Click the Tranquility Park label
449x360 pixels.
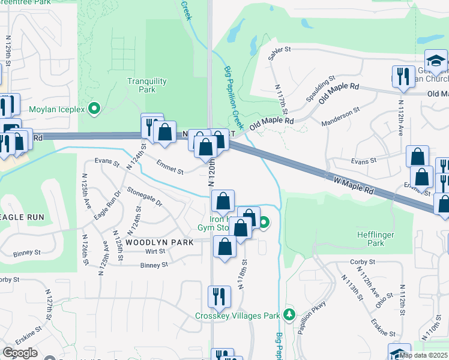coord(142,85)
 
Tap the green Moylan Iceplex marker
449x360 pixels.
coord(94,109)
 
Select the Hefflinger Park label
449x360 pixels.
coord(374,239)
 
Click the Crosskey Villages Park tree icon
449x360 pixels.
coord(289,314)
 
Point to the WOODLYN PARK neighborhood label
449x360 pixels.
coord(160,242)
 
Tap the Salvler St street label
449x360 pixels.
coord(279,53)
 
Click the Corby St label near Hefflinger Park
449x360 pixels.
coord(362,262)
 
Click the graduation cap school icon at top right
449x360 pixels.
coord(436,61)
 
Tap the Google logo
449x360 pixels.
coord(20,353)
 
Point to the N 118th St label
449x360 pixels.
coord(243,275)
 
